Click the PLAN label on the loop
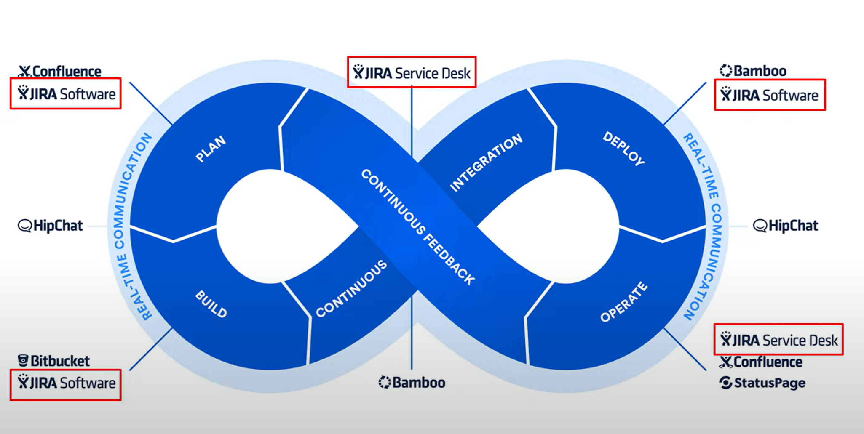coord(211,149)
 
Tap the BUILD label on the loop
coord(211,304)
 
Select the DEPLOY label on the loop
coord(624,149)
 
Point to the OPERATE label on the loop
coord(624,302)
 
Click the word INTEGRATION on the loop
coord(486,163)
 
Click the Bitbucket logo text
coord(60,361)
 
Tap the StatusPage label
coord(769,383)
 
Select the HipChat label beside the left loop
coord(58,226)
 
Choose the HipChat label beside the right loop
coord(793,226)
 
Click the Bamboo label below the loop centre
coord(418,382)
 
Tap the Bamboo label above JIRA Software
coord(760,71)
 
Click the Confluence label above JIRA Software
coord(66,71)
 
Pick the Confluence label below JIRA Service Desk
coord(768,362)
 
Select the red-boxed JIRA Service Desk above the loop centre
coord(412,72)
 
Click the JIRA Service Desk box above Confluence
coord(778,340)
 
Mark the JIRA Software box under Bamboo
coord(770,95)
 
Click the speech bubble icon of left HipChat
coord(25,226)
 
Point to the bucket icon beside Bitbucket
coord(23,360)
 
